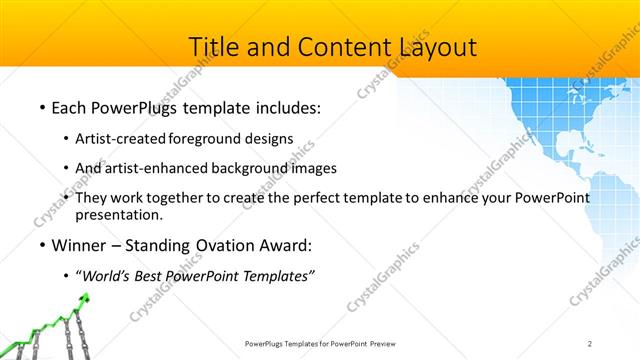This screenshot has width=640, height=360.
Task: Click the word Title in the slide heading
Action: click(x=214, y=47)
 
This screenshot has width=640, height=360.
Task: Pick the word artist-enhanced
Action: click(x=153, y=168)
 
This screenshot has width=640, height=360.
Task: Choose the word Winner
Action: click(x=80, y=243)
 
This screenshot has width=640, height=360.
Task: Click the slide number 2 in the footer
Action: click(x=590, y=343)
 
